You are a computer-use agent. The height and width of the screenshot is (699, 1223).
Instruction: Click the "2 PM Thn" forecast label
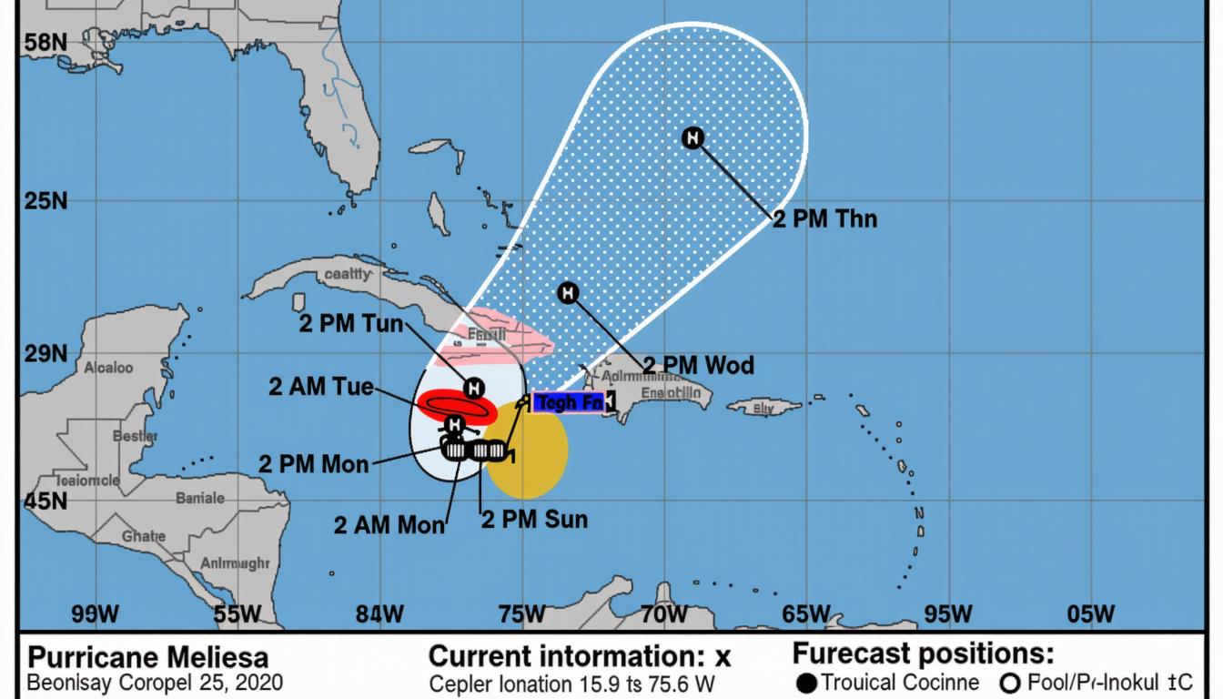coord(824,218)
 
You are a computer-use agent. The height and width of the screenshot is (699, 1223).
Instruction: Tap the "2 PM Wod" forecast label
coord(698,366)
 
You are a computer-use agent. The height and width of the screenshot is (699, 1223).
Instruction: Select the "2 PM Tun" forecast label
coord(350,323)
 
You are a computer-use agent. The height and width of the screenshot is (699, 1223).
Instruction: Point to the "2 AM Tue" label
coord(321,387)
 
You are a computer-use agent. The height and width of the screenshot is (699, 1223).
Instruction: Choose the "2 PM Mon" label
coord(314,463)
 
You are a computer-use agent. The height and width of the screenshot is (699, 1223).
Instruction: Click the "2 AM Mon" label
coord(389,525)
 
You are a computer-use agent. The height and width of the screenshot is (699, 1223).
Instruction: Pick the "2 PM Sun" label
coord(534,520)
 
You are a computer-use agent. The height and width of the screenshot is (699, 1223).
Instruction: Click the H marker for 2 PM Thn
coord(692,138)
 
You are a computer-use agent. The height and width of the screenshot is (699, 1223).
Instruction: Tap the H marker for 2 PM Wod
coord(568,292)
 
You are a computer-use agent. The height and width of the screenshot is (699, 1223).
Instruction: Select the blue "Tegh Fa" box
coord(569,401)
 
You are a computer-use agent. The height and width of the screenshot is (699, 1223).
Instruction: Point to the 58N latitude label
coord(45,42)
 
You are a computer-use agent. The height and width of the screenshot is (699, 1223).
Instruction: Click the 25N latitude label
coord(45,200)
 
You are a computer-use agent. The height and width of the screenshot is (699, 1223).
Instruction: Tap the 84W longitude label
coord(379,614)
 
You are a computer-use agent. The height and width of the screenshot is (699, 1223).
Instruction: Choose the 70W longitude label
coord(663,614)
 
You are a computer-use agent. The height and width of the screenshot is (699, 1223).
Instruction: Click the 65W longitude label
coord(806,614)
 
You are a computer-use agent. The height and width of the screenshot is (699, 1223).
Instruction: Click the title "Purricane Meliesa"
coord(148,656)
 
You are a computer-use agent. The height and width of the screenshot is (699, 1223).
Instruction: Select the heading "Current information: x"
coord(580,656)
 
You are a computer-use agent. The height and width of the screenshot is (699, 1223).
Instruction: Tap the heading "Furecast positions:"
coord(923,653)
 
